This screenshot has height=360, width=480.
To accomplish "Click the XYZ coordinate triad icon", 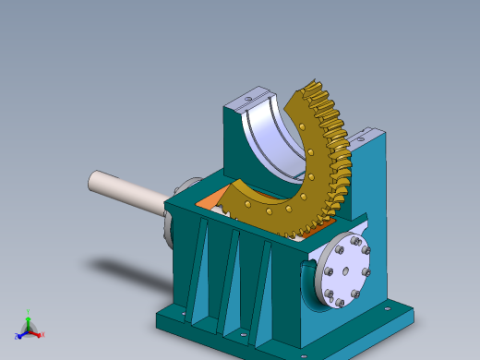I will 29,328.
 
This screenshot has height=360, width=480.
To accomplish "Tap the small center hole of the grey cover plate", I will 343,271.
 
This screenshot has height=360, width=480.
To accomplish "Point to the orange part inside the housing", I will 211,197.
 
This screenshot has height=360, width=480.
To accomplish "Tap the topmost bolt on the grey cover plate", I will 354,242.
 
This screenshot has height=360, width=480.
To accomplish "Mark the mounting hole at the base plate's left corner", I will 183,315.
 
